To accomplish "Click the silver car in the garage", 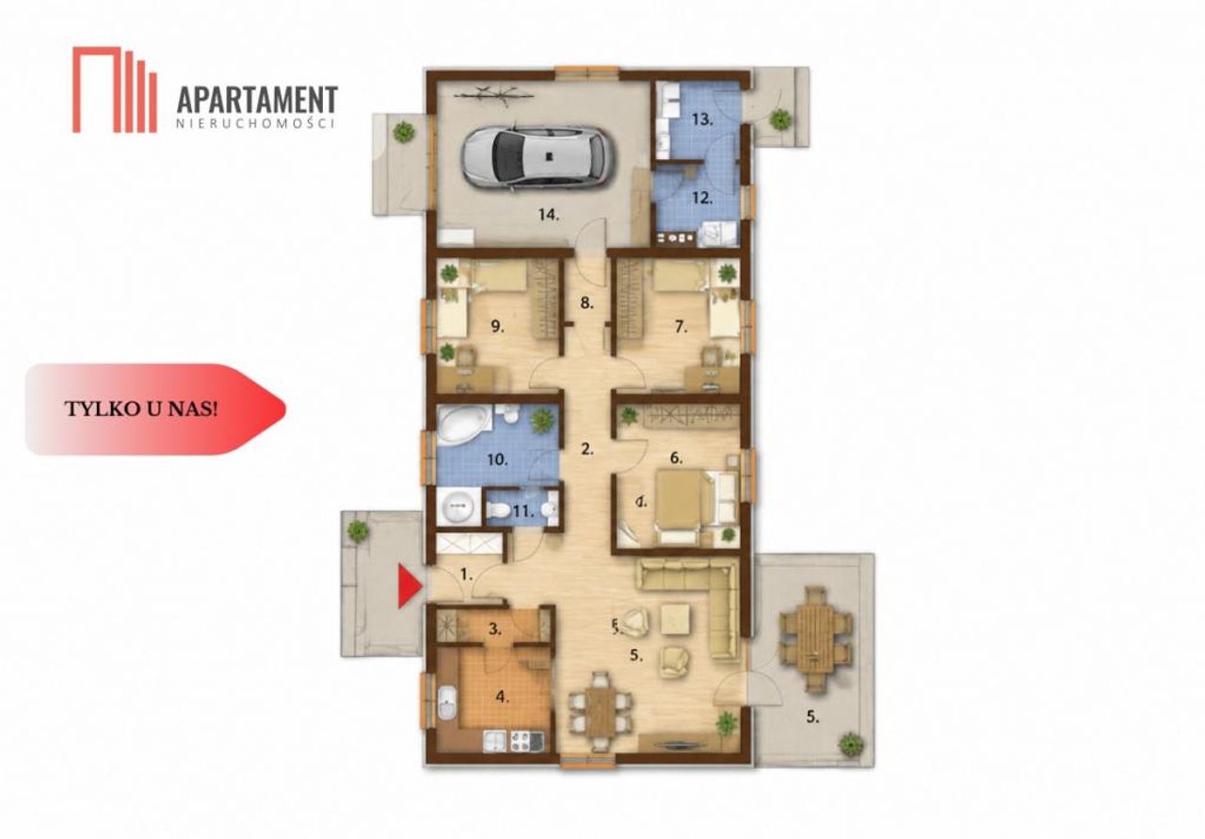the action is [538, 157].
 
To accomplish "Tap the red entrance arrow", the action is [410, 586].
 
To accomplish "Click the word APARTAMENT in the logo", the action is [257, 101].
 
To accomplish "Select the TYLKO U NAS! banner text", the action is [141, 409].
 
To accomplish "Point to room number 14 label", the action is [549, 216].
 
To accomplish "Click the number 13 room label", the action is [702, 120].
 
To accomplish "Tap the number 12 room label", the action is [702, 198].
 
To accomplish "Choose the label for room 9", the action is [498, 326].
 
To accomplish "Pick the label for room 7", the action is [681, 326].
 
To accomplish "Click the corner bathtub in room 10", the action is [464, 424].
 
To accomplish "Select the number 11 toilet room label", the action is [522, 510].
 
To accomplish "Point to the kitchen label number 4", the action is [502, 697].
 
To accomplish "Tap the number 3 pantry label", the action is [495, 629].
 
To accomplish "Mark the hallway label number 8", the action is [586, 303].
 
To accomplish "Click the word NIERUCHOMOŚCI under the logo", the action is [256, 123].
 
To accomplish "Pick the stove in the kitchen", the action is [525, 741].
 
